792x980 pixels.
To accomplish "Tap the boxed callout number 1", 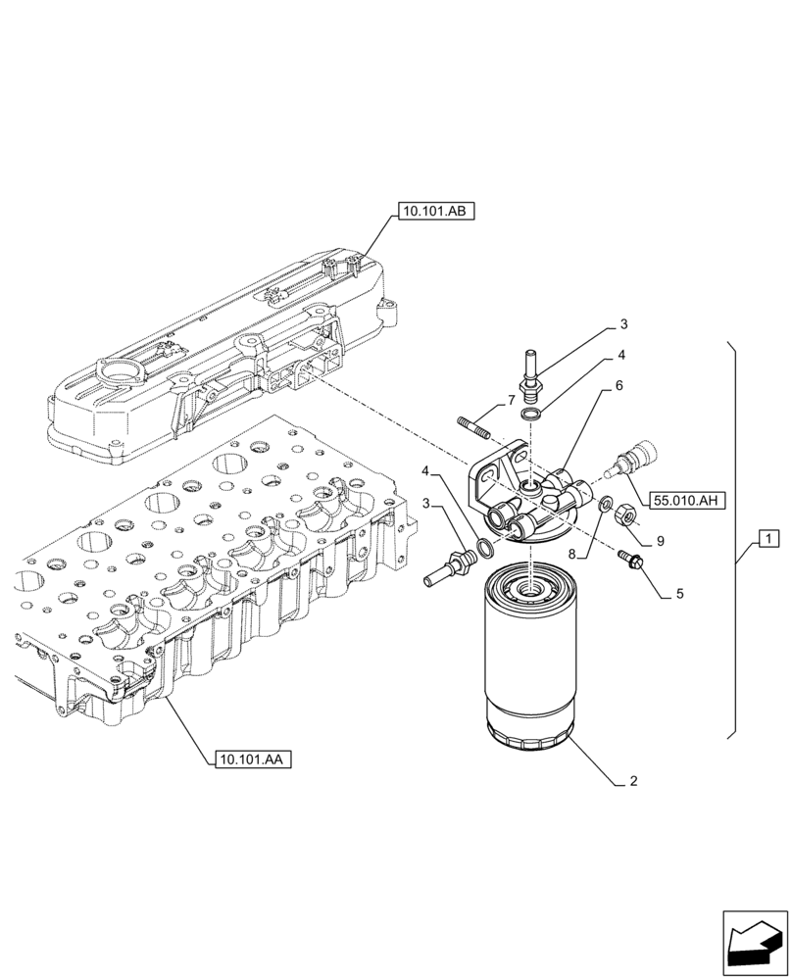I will pyautogui.click(x=768, y=539).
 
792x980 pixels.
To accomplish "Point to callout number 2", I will pyautogui.click(x=634, y=782).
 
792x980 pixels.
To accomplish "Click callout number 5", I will pyautogui.click(x=678, y=594).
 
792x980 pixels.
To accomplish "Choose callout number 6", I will pyautogui.click(x=619, y=387).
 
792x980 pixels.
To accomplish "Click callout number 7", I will pyautogui.click(x=511, y=401).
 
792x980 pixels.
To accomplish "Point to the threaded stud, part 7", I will pyautogui.click(x=473, y=427).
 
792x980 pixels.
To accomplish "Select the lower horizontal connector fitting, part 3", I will pyautogui.click(x=449, y=566).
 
